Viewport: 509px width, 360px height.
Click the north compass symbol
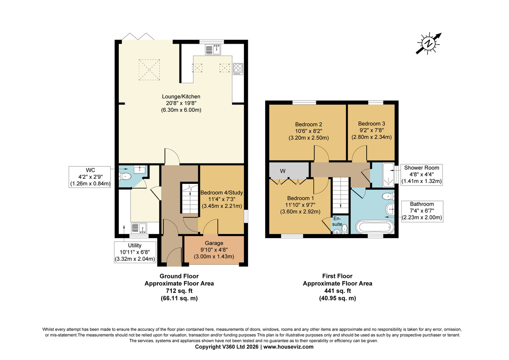click(x=428, y=43)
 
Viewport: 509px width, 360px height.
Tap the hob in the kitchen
click(x=238, y=69)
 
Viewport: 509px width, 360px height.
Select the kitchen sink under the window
click(x=213, y=50)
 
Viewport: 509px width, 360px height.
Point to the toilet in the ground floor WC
click(x=125, y=177)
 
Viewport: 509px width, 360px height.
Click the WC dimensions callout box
click(x=90, y=177)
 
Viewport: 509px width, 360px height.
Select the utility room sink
click(x=139, y=228)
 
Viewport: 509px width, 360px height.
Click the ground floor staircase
click(x=189, y=198)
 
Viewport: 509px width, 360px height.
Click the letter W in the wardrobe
click(x=282, y=171)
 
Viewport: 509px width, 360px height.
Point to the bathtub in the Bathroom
click(x=375, y=227)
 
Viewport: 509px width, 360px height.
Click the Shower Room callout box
click(x=422, y=174)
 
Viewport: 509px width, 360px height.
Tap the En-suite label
click(x=337, y=221)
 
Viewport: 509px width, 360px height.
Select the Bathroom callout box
click(x=422, y=211)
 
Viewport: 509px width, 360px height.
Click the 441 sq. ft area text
click(x=338, y=291)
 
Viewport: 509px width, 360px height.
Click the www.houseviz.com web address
click(x=288, y=347)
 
